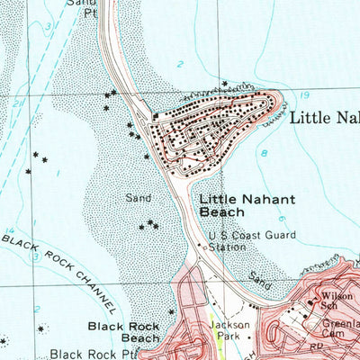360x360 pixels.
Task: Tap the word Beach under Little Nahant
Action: [221, 211]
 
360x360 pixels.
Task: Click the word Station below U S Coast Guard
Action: [227, 247]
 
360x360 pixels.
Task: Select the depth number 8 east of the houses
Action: [264, 154]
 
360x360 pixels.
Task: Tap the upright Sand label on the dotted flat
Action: [138, 194]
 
